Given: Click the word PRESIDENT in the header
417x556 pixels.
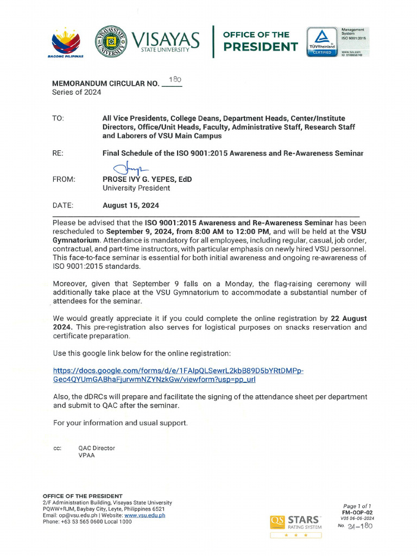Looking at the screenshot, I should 261,47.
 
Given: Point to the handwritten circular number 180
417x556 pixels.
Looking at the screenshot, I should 175,79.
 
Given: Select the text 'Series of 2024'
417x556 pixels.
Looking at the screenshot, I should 77,92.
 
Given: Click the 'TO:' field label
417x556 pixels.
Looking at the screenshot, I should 58,118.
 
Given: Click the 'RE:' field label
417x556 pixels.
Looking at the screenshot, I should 58,154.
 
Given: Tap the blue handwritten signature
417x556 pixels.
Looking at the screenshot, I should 126,170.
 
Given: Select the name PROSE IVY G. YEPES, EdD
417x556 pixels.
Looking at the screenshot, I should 147,179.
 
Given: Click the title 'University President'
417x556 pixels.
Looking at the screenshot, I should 136,188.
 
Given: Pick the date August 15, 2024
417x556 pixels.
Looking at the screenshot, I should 131,206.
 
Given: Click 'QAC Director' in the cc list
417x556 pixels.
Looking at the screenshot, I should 97,448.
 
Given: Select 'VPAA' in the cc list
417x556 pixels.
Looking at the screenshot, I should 87,456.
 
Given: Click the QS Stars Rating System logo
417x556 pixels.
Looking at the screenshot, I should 296,524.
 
